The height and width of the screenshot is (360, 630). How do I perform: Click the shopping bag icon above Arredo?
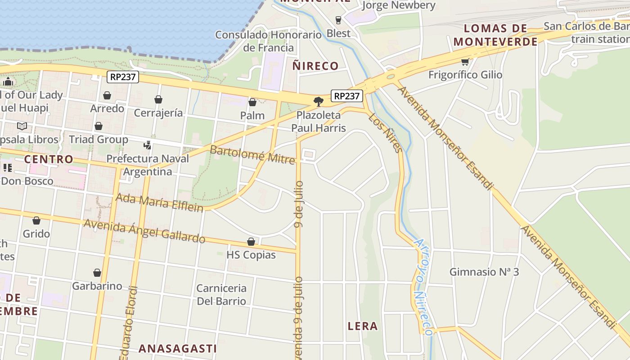point(107,95)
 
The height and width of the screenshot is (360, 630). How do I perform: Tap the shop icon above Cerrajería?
point(158,99)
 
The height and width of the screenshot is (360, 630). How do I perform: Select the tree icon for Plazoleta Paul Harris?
point(319,101)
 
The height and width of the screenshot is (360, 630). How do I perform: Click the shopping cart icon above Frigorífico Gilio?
point(465,62)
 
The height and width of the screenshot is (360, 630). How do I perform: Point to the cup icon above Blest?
point(338,20)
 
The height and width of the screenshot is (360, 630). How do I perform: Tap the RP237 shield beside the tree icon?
point(347,96)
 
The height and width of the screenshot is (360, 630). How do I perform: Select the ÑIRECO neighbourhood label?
point(315,66)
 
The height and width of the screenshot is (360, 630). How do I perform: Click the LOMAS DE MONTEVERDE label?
point(495,35)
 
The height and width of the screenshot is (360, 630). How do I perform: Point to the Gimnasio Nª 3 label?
point(484,272)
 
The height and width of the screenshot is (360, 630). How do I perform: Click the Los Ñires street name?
point(385,133)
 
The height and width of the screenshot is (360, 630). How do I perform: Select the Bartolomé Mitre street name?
point(252,154)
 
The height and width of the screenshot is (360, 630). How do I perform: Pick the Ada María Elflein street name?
point(160,202)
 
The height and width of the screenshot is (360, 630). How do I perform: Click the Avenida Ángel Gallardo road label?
point(144,230)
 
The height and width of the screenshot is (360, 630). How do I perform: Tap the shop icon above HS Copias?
point(251,242)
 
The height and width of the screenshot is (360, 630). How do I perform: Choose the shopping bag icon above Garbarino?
point(97,273)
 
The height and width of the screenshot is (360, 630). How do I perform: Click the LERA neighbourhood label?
point(363,326)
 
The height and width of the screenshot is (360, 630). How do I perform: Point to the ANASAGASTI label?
point(177,348)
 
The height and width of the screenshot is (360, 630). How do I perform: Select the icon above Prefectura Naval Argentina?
point(147,145)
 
